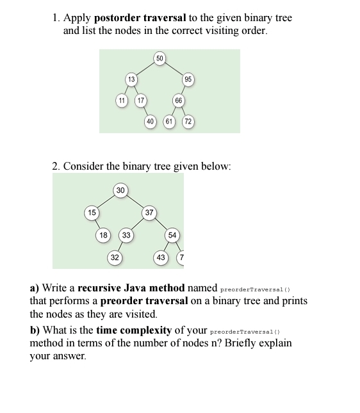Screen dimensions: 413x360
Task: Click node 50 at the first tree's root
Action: (x=160, y=59)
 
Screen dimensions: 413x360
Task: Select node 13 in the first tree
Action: (x=131, y=79)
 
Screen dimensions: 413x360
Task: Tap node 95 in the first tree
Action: (x=188, y=79)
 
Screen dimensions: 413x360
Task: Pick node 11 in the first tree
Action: (x=121, y=101)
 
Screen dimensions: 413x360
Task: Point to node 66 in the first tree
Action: (x=178, y=101)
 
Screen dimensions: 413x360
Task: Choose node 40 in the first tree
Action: (x=151, y=121)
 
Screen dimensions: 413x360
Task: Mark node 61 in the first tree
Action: (x=169, y=121)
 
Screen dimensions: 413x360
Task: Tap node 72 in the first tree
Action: (x=188, y=121)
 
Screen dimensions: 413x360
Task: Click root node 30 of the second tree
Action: (x=120, y=190)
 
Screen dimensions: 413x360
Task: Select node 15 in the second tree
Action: (x=92, y=213)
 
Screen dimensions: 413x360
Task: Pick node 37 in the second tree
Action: (x=149, y=213)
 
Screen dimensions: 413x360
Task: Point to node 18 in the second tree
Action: (x=103, y=235)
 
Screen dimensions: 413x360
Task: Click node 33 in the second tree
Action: (x=126, y=235)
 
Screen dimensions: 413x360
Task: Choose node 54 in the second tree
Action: (x=172, y=235)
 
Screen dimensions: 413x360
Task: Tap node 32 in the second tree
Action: (x=114, y=257)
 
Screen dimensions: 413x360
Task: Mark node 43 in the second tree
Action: (x=161, y=257)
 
